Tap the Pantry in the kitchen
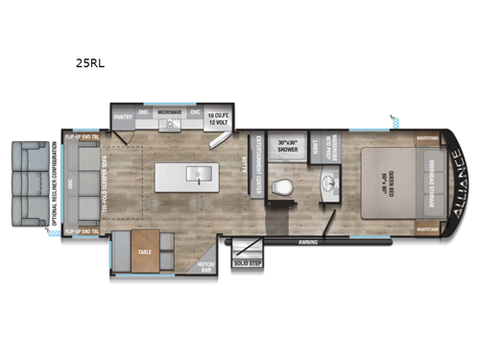point(124,119)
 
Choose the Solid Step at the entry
point(248,263)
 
